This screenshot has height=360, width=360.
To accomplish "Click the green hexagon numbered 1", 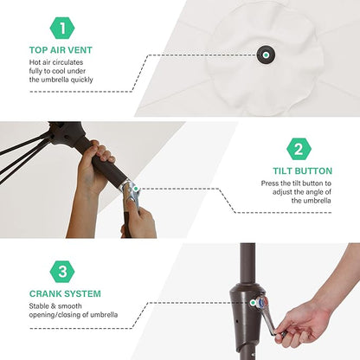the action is coord(62,28).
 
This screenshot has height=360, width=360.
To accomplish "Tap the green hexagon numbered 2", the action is coord(299,149).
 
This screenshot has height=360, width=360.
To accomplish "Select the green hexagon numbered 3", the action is coord(62,272).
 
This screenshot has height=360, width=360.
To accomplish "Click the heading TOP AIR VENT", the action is coord(61,50).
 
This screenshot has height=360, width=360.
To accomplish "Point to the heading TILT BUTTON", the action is coord(303,171).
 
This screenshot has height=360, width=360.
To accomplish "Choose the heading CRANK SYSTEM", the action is coord(65,294).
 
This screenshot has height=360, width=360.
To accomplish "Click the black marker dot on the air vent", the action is coord(266,55).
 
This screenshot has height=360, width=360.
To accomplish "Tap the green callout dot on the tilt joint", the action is coord(136,189).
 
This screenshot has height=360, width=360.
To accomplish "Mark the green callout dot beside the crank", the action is coord(253,303).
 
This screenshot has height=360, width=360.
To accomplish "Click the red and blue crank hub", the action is coord(262,302).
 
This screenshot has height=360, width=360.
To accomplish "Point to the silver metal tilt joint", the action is coord(131,192).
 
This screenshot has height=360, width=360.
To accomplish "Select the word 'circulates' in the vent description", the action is coord(67,62).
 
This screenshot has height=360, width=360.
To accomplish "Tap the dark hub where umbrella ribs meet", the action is coord(66,132).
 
